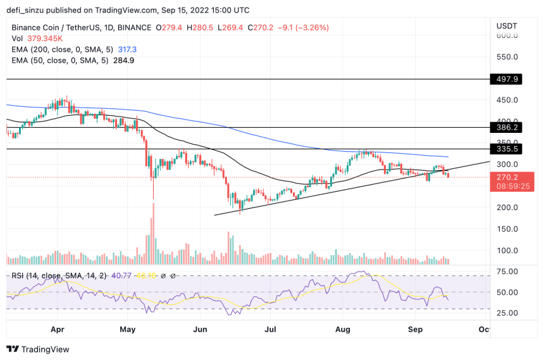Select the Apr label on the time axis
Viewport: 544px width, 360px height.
tap(58, 329)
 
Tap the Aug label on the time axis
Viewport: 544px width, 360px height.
tap(342, 329)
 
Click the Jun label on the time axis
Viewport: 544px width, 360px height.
tap(201, 329)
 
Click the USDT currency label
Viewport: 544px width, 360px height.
tap(507, 26)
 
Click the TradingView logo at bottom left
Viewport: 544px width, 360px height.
tap(38, 349)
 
